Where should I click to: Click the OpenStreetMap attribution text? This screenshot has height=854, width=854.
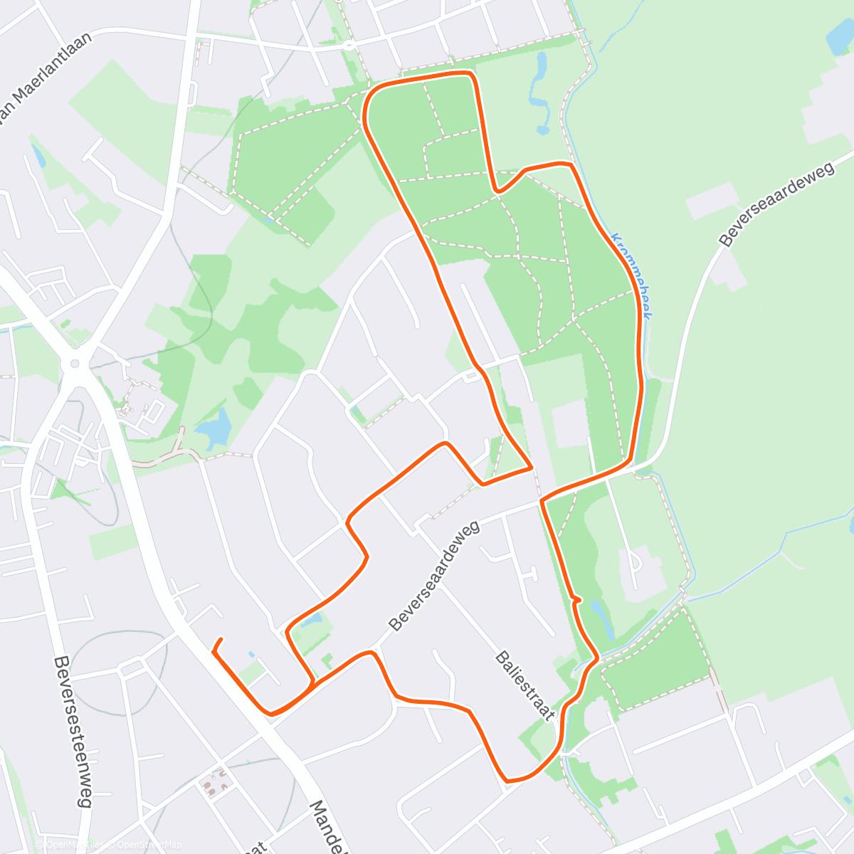pos(149,845)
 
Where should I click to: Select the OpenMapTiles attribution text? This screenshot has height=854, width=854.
pos(75,845)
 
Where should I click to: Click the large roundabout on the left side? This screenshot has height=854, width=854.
pos(74,365)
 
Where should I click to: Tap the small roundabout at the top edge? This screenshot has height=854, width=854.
pos(348,45)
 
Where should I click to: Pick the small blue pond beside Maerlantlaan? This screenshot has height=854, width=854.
pos(38,156)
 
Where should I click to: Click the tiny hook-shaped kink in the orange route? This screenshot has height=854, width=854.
pos(576,600)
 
